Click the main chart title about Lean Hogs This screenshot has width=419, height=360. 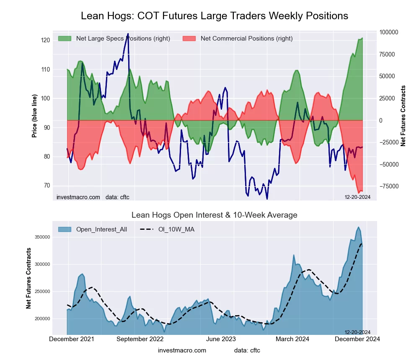[214, 16]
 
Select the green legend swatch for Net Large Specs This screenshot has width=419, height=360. [65, 39]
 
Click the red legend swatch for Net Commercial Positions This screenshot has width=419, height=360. [189, 39]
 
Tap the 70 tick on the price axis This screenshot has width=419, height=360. [46, 185]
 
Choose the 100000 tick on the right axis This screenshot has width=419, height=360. [389, 32]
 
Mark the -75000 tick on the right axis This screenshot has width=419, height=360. [388, 187]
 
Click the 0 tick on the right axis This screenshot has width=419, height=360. [381, 121]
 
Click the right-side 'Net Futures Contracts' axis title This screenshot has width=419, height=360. [403, 116]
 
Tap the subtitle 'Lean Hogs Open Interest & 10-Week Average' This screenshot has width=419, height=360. [214, 215]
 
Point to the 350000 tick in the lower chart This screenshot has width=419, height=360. [43, 237]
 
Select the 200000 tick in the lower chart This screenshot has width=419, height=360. [43, 319]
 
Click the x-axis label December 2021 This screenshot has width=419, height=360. [71, 339]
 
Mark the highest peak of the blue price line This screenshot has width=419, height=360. [128, 34]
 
